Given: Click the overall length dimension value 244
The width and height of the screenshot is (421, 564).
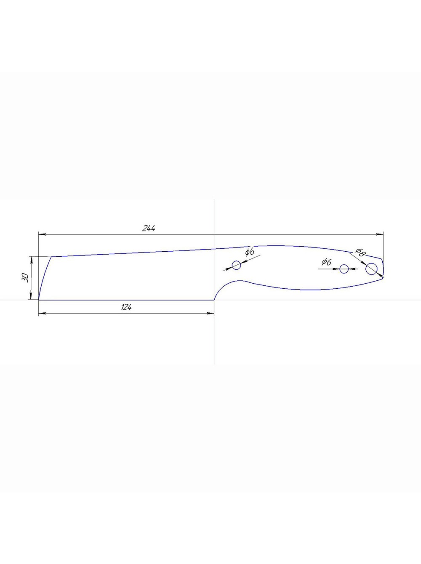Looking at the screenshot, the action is pos(149,228).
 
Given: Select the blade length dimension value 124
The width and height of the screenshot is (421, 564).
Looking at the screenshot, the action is pos(126,307).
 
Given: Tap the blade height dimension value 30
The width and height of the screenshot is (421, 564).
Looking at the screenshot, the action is pos(25,277).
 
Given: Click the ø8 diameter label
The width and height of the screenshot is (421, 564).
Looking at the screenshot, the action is pos(359,253).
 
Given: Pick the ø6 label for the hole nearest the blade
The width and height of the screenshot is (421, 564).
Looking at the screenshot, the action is pos(250,252).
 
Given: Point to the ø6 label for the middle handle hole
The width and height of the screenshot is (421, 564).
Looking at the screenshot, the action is pos(326,262).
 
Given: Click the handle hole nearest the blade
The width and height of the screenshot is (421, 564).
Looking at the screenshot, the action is pos(237,265).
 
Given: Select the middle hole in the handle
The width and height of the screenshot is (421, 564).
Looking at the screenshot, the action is pos(344,269).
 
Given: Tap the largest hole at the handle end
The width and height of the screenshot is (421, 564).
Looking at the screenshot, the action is pos(371,269).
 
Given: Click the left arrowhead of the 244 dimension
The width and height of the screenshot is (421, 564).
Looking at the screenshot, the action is pos(42,234).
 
